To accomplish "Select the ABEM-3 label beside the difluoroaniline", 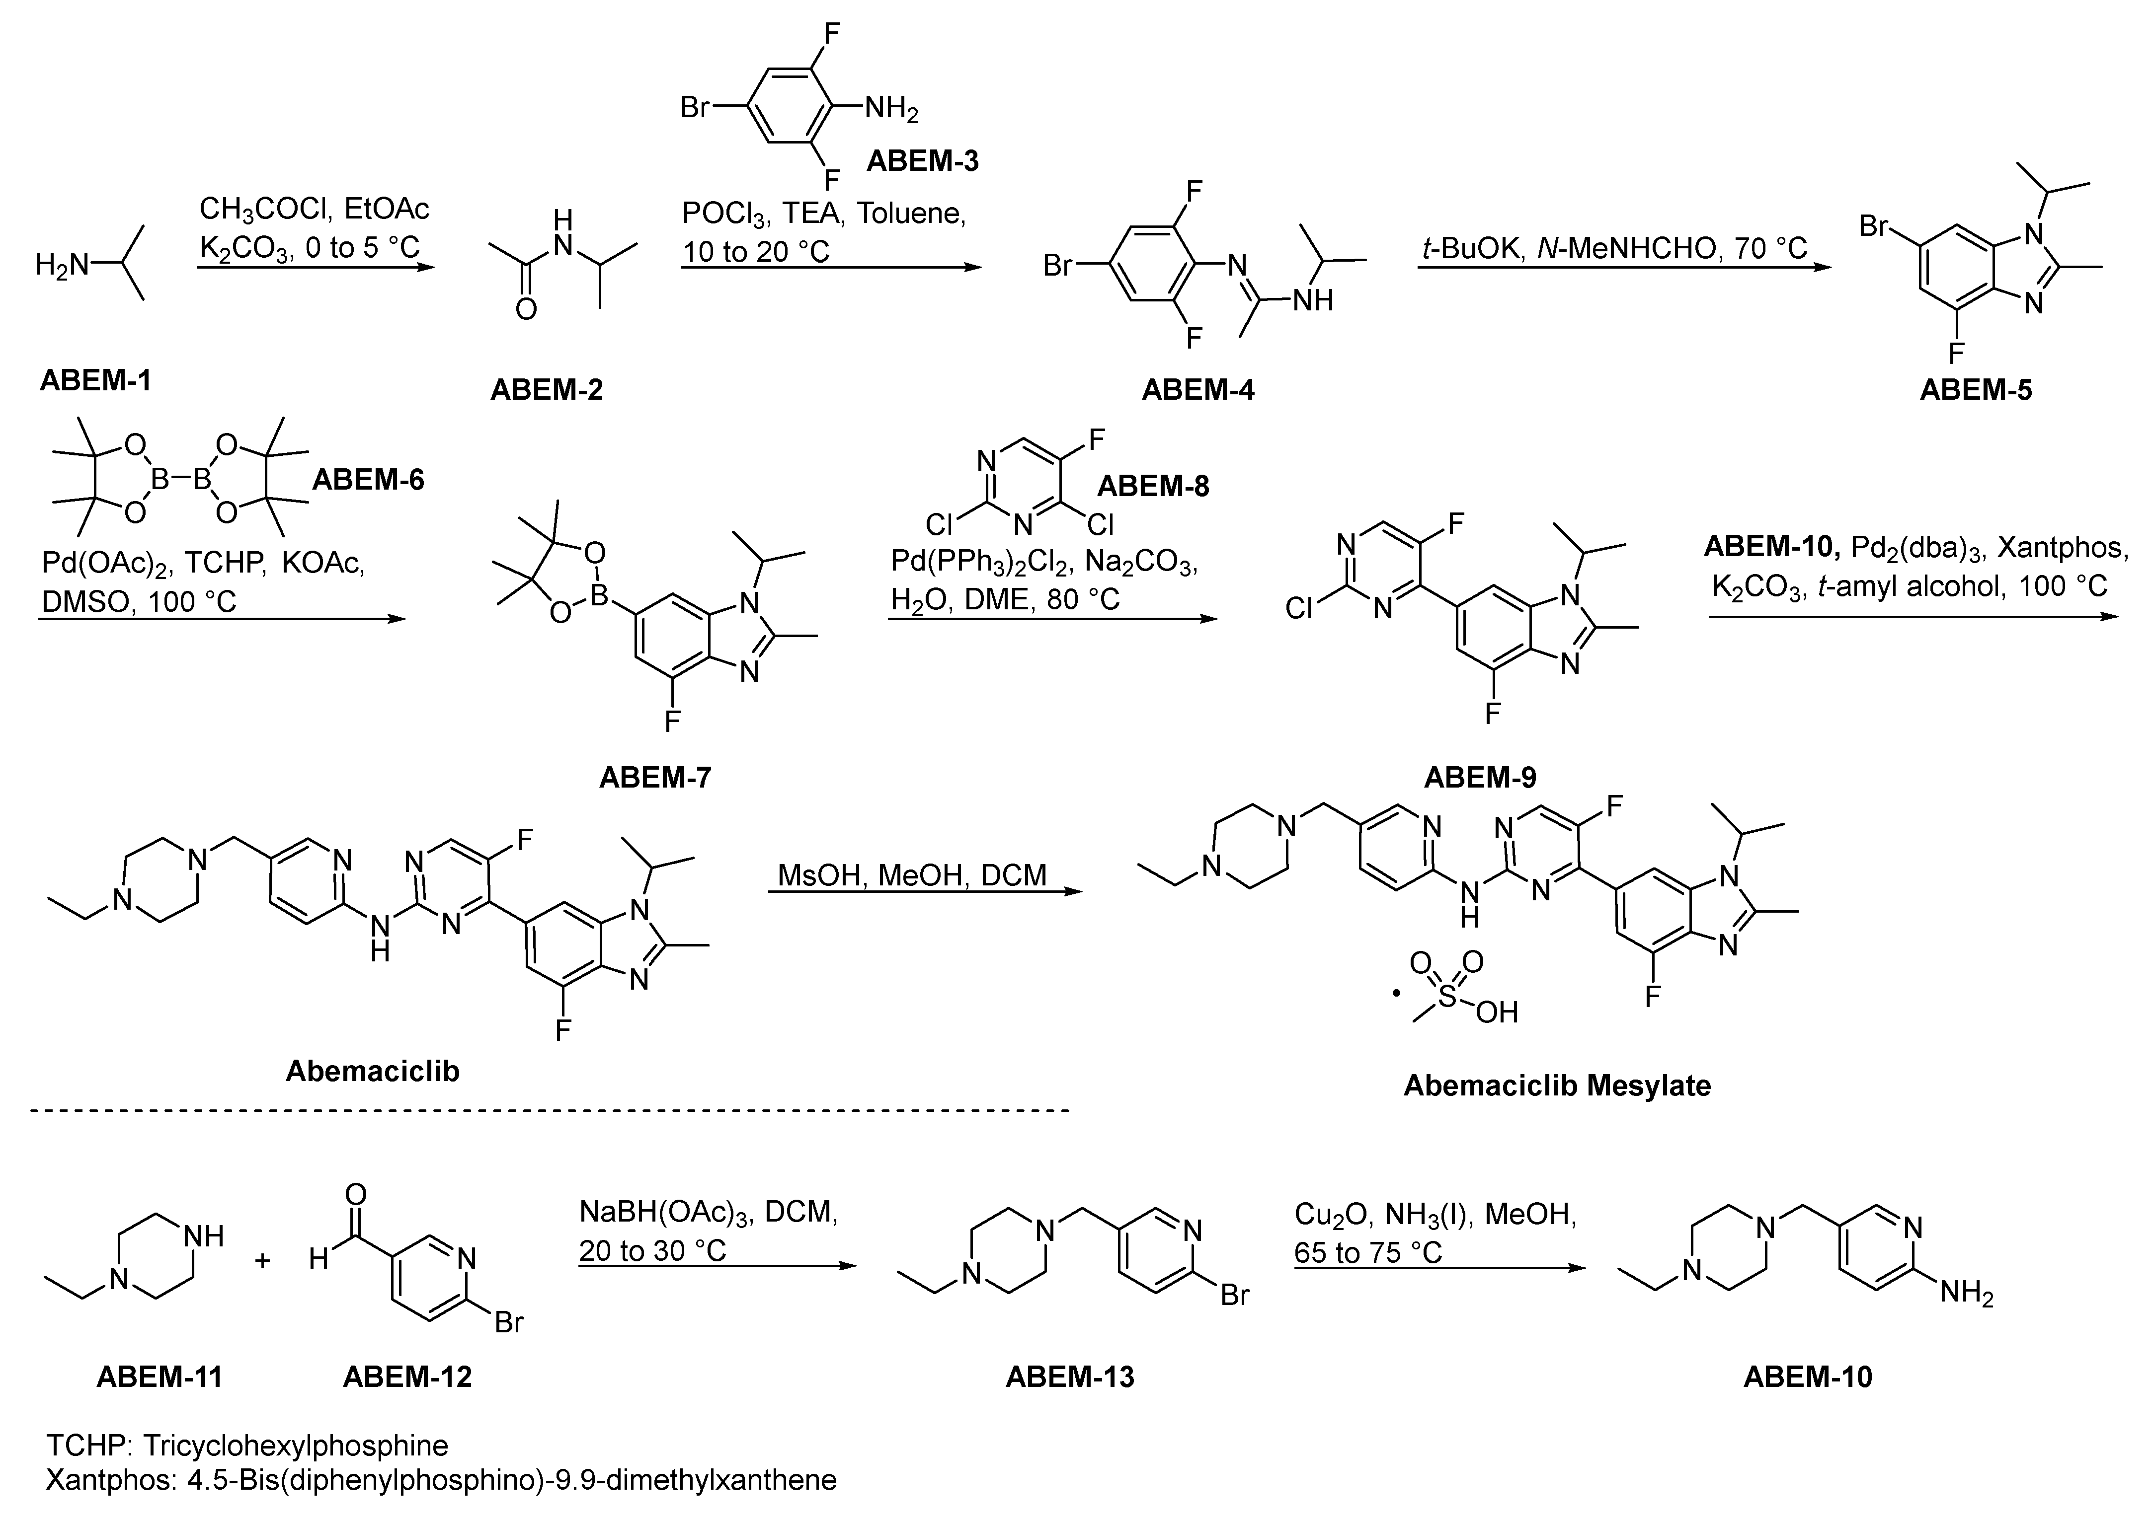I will point(922,161).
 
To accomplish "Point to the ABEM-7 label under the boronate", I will point(655,777).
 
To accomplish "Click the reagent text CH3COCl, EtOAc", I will point(315,208).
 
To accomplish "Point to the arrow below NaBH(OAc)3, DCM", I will point(718,1266).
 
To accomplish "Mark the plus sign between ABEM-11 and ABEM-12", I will point(263,1259).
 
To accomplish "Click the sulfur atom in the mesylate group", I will point(1447,996).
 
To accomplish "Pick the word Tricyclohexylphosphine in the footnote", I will point(296,1445).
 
